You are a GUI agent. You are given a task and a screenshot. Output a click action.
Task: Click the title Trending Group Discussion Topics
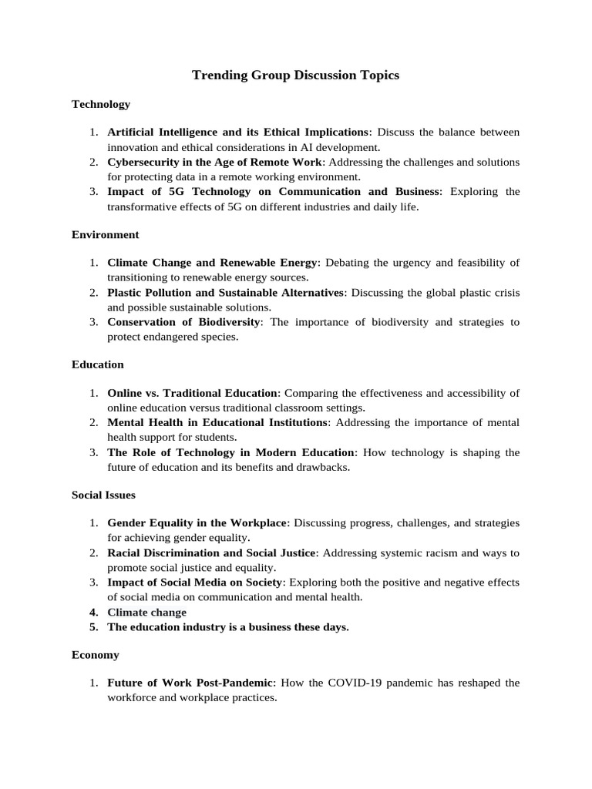coord(295,76)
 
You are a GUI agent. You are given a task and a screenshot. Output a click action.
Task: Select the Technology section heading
coord(101,104)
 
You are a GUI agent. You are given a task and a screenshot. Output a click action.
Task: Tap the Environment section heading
coord(106,234)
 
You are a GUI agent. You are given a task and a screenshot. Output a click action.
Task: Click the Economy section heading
coord(96,654)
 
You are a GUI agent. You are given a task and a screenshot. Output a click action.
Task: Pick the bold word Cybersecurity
coord(140,162)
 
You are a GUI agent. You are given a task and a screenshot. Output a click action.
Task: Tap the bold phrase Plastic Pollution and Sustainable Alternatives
coord(225,293)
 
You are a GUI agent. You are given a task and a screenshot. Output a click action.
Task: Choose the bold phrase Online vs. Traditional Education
coord(192,394)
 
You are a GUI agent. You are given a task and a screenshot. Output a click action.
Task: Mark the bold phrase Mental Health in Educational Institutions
coord(218,423)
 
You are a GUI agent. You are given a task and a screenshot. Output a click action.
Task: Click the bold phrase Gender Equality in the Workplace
coord(197,524)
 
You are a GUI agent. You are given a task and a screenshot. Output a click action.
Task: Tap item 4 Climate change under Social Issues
coord(146,612)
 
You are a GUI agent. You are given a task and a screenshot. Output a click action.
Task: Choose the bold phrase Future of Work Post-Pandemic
coord(190,683)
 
